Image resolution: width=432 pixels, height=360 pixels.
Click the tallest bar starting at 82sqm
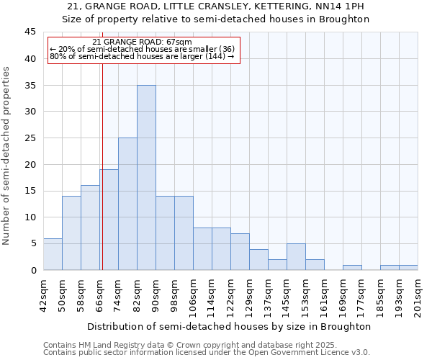[146, 178]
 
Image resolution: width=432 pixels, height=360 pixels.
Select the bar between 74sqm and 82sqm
[127, 204]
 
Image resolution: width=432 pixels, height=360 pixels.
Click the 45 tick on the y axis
[31, 32]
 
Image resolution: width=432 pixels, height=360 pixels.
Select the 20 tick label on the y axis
[31, 164]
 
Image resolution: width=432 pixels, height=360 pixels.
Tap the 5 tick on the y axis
[33, 243]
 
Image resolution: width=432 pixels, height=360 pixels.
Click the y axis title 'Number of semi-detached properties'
[7, 156]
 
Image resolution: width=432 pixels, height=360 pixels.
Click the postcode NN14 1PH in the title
[342, 6]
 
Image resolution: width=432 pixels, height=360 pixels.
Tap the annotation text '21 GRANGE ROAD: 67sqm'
[143, 42]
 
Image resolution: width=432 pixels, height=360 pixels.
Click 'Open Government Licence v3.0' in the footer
[312, 353]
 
